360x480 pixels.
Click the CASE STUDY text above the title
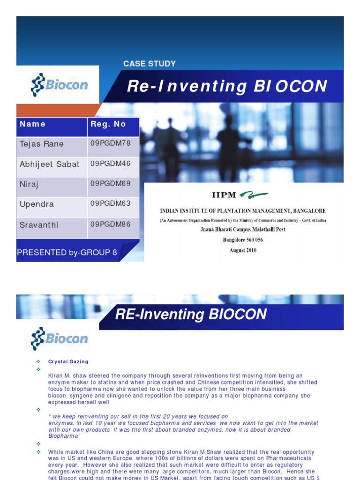pos(149,64)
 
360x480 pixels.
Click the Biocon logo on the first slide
pos(59,85)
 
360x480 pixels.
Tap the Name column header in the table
pos(33,124)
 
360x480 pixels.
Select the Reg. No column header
pos(108,124)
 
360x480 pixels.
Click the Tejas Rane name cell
pos(42,144)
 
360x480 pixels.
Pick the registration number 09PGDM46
pos(110,164)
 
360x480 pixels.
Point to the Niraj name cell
pos(29,184)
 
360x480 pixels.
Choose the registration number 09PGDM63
pos(110,203)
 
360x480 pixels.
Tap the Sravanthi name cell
pos(39,225)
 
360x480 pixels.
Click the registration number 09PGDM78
pos(110,143)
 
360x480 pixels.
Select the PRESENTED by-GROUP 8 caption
pos(67,252)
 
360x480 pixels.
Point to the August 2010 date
pos(243,250)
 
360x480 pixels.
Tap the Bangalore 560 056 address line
pos(243,240)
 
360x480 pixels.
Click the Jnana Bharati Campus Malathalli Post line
pos(243,230)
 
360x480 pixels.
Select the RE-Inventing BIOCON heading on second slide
pos(191,315)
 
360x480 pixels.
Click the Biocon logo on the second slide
pos(59,338)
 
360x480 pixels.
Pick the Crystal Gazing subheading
pos(68,361)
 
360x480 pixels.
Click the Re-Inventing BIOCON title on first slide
pos(227,86)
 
